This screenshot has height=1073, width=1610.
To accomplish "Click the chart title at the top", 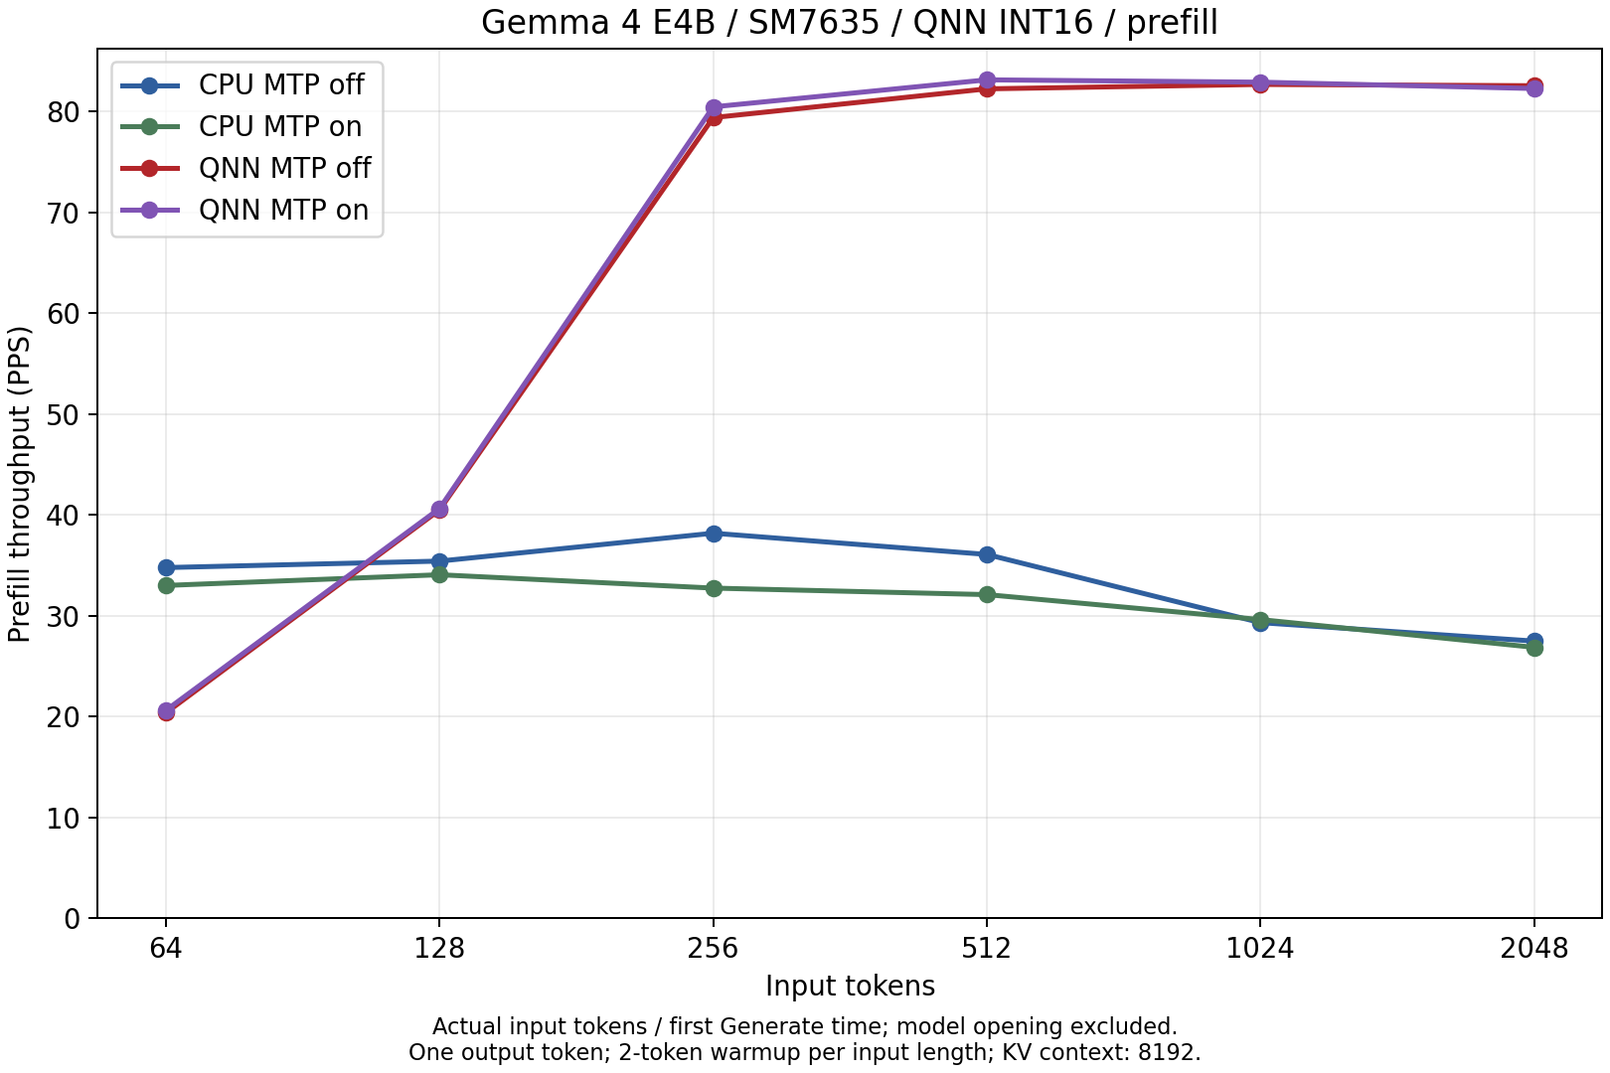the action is (849, 22).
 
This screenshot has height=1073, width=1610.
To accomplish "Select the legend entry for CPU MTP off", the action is (245, 84).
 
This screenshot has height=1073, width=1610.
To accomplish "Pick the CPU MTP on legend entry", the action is (245, 126).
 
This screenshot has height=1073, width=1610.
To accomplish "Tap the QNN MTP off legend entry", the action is (245, 168).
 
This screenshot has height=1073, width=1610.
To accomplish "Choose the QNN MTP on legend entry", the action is (245, 210).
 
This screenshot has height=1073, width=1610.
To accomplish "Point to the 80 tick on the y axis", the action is (64, 112).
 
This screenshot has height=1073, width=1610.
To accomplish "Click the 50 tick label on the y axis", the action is (64, 414).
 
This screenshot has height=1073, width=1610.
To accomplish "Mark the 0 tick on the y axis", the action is (72, 919).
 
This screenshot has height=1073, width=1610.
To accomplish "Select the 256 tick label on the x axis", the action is (713, 949).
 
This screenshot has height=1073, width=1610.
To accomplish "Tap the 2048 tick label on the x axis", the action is (1533, 949).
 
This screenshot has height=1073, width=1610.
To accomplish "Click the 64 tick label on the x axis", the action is (166, 949).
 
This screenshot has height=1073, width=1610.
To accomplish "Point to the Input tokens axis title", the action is (850, 986).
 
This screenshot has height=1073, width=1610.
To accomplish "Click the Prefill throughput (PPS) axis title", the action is (20, 484).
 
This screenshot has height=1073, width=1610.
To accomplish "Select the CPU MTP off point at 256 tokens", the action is (714, 534).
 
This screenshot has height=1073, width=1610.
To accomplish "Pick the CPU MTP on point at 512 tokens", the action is (987, 594).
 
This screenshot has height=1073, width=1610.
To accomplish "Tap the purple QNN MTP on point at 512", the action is (987, 80).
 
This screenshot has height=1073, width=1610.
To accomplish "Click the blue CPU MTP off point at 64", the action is (166, 567).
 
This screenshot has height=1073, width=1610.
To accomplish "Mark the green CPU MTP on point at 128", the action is (439, 575).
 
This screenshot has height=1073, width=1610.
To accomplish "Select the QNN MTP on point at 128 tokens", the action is (439, 510).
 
